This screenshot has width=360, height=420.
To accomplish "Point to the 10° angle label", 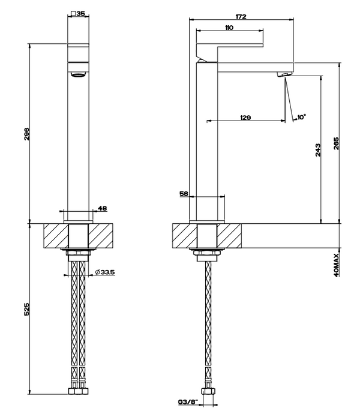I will click(301, 117).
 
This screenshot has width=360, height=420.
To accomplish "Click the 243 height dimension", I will click(319, 151).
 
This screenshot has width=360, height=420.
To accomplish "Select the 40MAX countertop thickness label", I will click(337, 264).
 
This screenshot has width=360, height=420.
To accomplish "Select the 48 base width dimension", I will click(102, 208).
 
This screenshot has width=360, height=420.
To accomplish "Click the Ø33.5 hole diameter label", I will click(106, 273).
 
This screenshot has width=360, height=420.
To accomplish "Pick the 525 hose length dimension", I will click(27, 309).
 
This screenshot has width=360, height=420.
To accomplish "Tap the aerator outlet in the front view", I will click(79, 74).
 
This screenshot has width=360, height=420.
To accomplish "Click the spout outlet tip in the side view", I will click(283, 74).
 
